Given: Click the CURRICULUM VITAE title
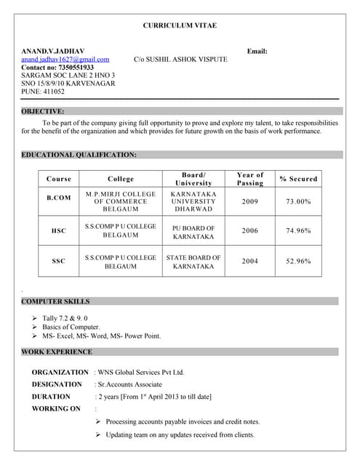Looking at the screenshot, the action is coord(180,25).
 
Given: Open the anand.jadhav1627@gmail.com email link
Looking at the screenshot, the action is coord(65,59).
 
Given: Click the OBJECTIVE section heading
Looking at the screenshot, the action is coord(43,111).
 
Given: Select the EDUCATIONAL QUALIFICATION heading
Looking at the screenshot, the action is coord(79,155).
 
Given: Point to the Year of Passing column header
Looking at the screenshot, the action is coord(249,179).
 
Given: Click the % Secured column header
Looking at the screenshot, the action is coord(298,179).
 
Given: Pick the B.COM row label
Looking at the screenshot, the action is coord(59,198).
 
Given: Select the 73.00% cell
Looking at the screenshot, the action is coord(298,201).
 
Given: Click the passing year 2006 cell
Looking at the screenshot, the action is coord(249,230).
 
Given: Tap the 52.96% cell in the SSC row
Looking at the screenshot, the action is coord(298,261).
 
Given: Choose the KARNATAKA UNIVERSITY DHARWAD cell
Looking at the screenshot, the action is coord(193,201).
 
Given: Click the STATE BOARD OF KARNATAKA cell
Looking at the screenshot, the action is coord(193,262).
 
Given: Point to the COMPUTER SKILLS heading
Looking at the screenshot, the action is coord(56,301).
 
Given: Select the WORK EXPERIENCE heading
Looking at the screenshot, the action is coord(57,352).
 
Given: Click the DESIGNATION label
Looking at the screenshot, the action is coord(57,384).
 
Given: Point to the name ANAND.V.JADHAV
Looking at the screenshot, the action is coord(53,51).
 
